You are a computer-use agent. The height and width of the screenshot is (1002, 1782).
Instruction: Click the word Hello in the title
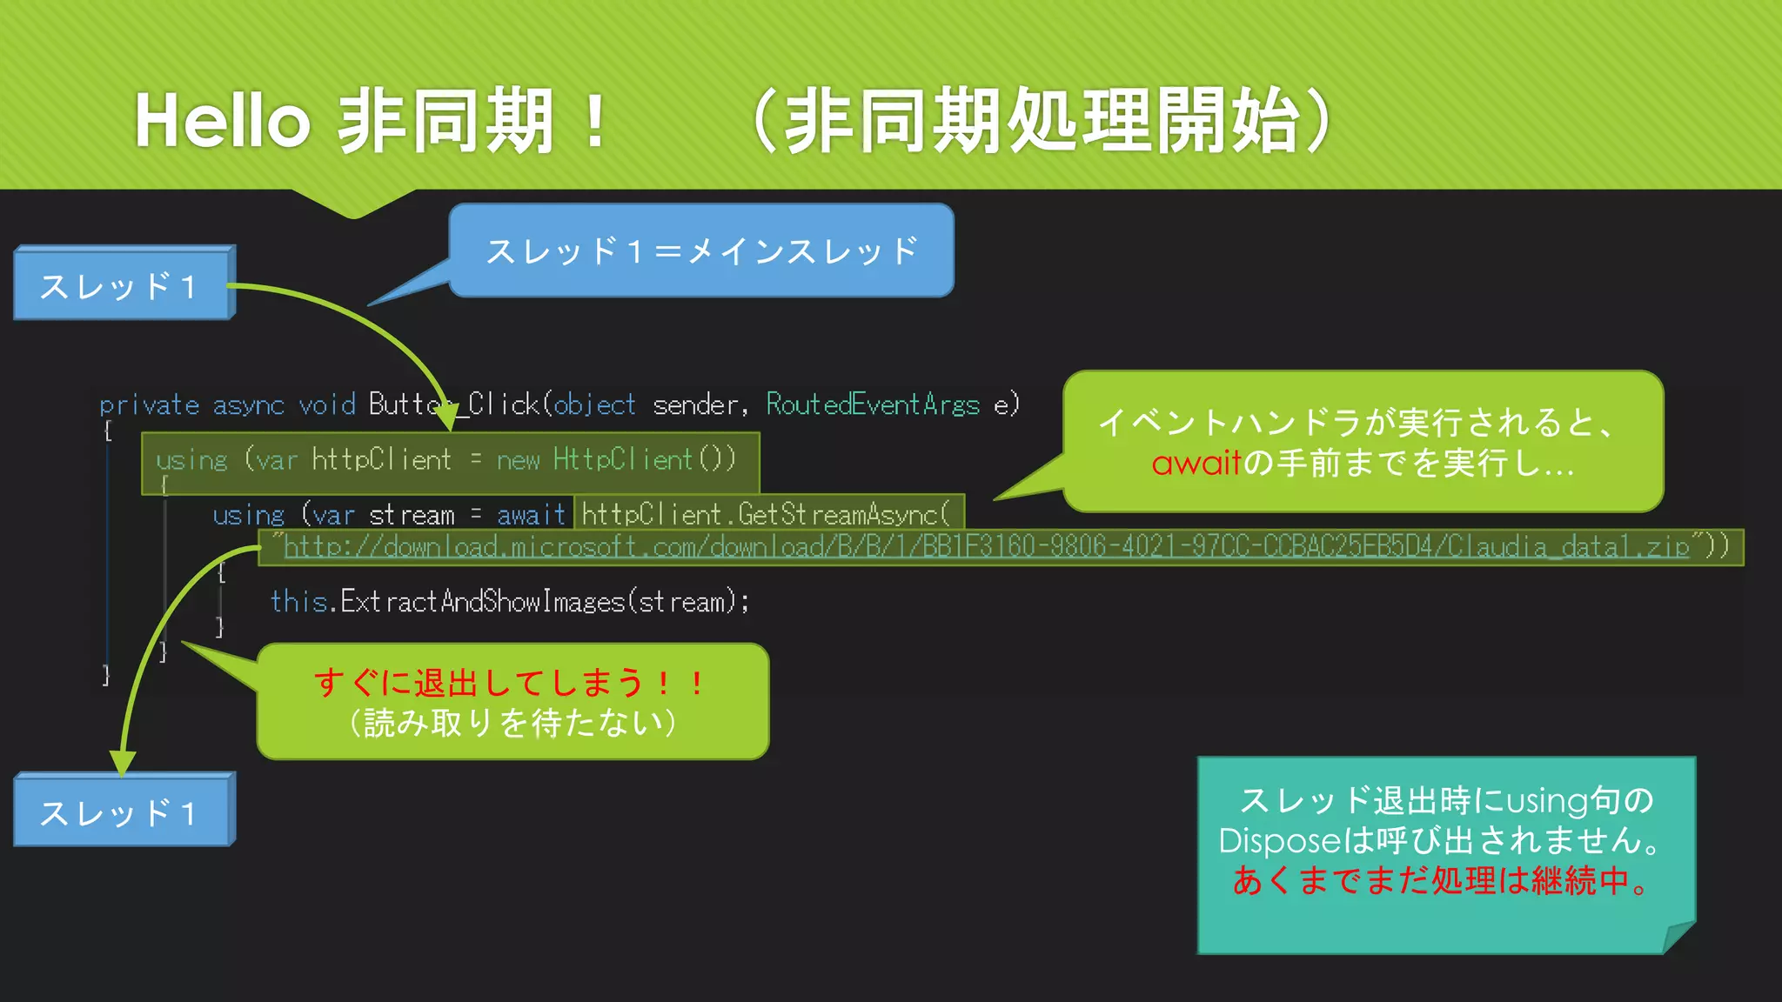pos(223,121)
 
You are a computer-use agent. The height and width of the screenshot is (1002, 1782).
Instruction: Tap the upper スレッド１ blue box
pos(123,284)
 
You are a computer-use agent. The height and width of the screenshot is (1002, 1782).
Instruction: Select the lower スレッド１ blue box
pos(123,812)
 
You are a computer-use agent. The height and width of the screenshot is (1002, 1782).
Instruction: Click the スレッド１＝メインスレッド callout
pos(701,250)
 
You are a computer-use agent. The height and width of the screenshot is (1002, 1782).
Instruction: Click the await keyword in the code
pos(532,515)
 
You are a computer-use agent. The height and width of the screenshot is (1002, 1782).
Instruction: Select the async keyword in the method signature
pos(248,405)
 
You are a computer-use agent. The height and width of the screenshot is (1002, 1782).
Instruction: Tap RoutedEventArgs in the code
pos(873,404)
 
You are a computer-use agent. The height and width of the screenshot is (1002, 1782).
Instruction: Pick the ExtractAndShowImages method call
pos(483,601)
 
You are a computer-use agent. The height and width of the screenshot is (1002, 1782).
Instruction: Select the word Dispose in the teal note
pos(1280,841)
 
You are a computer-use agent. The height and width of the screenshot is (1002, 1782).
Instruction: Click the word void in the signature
pos(327,405)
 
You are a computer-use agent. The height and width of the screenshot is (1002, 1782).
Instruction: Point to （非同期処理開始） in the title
pos(1041,121)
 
